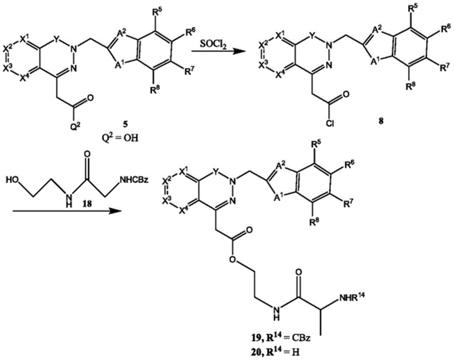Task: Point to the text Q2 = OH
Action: click(122, 138)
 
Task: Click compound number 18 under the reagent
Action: click(87, 204)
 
